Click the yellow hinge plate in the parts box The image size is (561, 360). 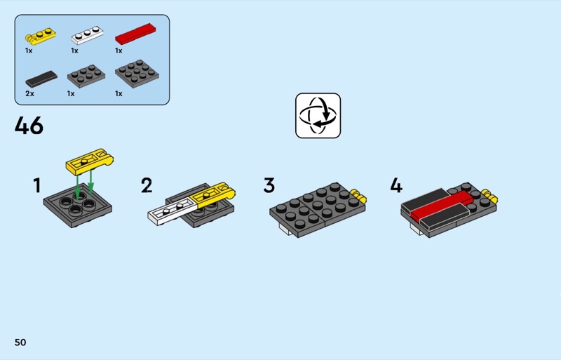tap(40, 36)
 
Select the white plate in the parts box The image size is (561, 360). tap(87, 35)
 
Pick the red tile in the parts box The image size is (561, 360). tap(135, 34)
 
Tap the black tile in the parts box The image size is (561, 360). tap(41, 79)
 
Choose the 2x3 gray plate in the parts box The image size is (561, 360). tap(86, 76)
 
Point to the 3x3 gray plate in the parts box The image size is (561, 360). tap(137, 74)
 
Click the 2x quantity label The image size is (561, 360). tap(29, 94)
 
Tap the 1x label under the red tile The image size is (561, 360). tap(119, 51)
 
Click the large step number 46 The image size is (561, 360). tap(29, 126)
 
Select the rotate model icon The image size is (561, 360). tap(318, 115)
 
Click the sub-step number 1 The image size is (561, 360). tap(37, 185)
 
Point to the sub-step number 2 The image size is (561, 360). tap(147, 185)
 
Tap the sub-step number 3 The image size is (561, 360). tap(269, 185)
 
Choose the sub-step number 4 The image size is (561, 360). tap(396, 185)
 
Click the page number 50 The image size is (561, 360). tap(20, 342)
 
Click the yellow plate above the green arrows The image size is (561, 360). tap(90, 162)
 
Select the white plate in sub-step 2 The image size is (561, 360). tap(172, 211)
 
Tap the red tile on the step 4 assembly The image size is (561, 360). tap(442, 205)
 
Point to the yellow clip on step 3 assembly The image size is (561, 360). tap(358, 196)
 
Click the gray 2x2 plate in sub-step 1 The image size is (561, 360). tap(78, 206)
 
